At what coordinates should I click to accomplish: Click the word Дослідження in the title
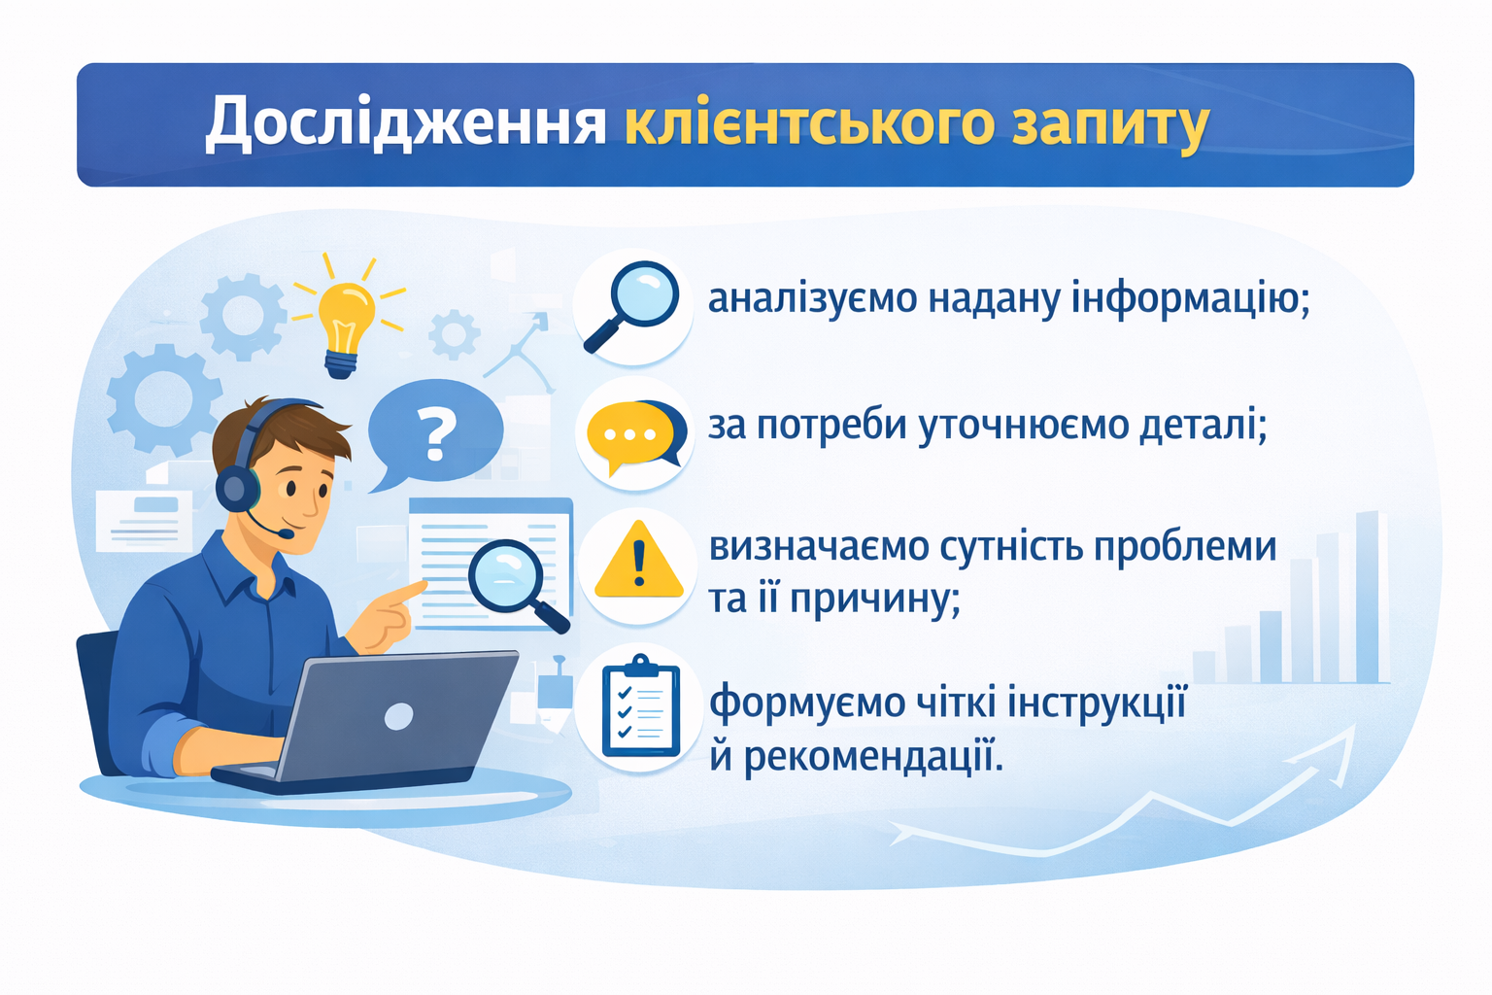pyautogui.click(x=406, y=124)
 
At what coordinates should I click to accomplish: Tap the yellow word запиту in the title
pyautogui.click(x=1109, y=124)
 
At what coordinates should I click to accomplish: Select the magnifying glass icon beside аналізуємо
pyautogui.click(x=630, y=306)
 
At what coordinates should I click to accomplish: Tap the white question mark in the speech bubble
pyautogui.click(x=435, y=433)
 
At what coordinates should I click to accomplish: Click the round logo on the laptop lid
pyautogui.click(x=398, y=716)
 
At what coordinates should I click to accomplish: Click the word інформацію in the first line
pyautogui.click(x=1190, y=297)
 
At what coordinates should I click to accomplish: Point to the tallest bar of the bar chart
pyautogui.click(x=1368, y=598)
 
